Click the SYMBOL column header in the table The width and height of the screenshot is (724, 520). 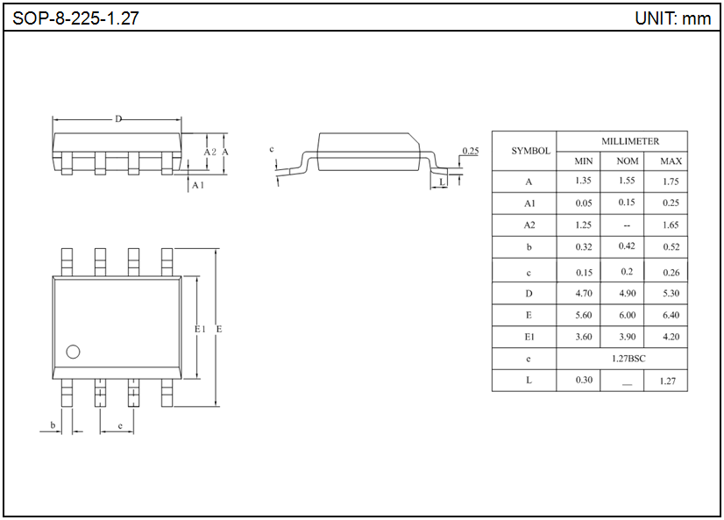point(530,150)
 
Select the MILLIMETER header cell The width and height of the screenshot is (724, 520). point(629,141)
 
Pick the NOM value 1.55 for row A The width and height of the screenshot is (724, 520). point(627,181)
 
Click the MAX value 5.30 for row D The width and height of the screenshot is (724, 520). point(671,294)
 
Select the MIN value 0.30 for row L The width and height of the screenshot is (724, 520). point(584,381)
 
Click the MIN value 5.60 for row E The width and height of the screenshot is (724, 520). point(584,315)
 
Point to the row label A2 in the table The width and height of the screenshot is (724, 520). point(529,225)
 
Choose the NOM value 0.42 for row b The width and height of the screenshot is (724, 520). point(627,246)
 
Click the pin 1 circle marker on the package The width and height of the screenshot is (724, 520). point(73,352)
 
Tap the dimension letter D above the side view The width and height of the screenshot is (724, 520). point(118,119)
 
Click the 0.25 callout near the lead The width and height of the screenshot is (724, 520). point(470,151)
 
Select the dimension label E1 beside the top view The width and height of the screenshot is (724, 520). point(199,329)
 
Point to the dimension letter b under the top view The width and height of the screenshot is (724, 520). point(53,425)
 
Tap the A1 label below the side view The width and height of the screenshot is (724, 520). point(197,185)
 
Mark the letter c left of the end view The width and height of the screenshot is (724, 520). point(273,150)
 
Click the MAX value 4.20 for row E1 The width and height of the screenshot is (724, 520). point(671,337)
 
